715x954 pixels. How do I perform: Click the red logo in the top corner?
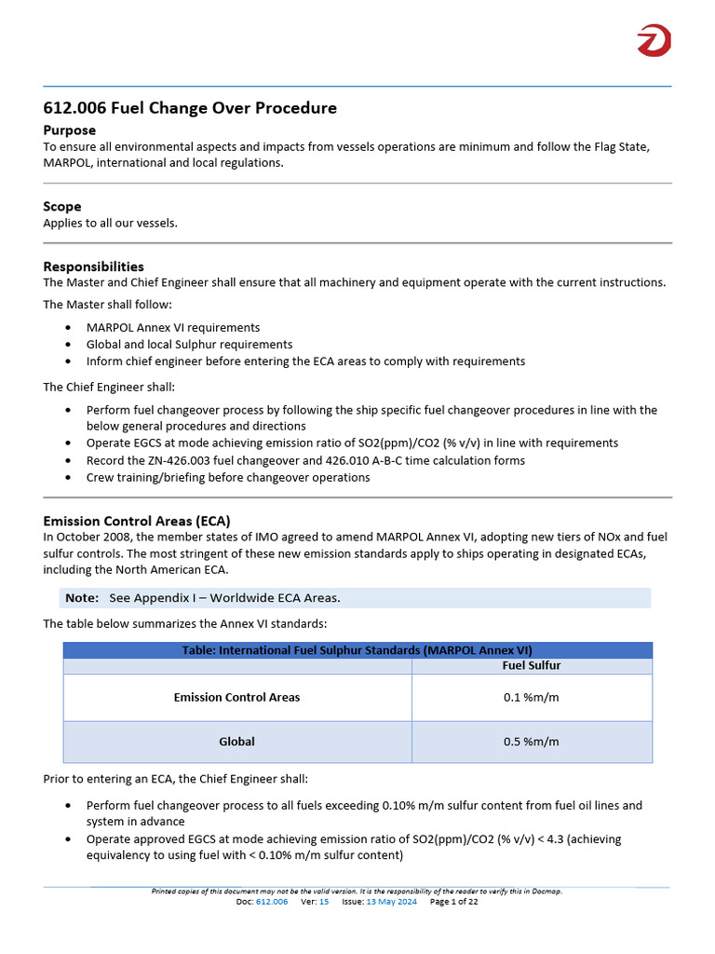point(654,41)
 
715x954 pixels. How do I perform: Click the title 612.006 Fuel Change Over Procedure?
point(190,108)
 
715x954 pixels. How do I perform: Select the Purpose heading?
point(70,130)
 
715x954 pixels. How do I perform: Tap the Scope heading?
point(62,206)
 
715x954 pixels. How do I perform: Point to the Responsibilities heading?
point(93,266)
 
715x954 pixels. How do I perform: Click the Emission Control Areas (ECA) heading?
point(137,521)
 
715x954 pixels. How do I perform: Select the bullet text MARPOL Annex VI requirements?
point(173,328)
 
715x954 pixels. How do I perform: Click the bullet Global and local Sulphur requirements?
point(189,345)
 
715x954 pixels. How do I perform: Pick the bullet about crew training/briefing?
point(228,477)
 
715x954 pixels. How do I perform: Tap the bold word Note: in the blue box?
point(82,598)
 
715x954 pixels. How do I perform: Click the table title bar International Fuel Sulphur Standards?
point(357,650)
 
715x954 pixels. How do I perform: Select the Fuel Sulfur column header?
point(531,666)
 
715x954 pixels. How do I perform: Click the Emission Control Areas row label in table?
point(236,698)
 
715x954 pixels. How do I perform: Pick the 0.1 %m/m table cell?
point(531,698)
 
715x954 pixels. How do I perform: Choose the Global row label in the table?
point(236,743)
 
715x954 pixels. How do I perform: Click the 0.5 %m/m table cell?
point(531,743)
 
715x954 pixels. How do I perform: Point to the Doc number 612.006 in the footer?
point(272,902)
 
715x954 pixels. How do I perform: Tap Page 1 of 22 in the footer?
point(453,902)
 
